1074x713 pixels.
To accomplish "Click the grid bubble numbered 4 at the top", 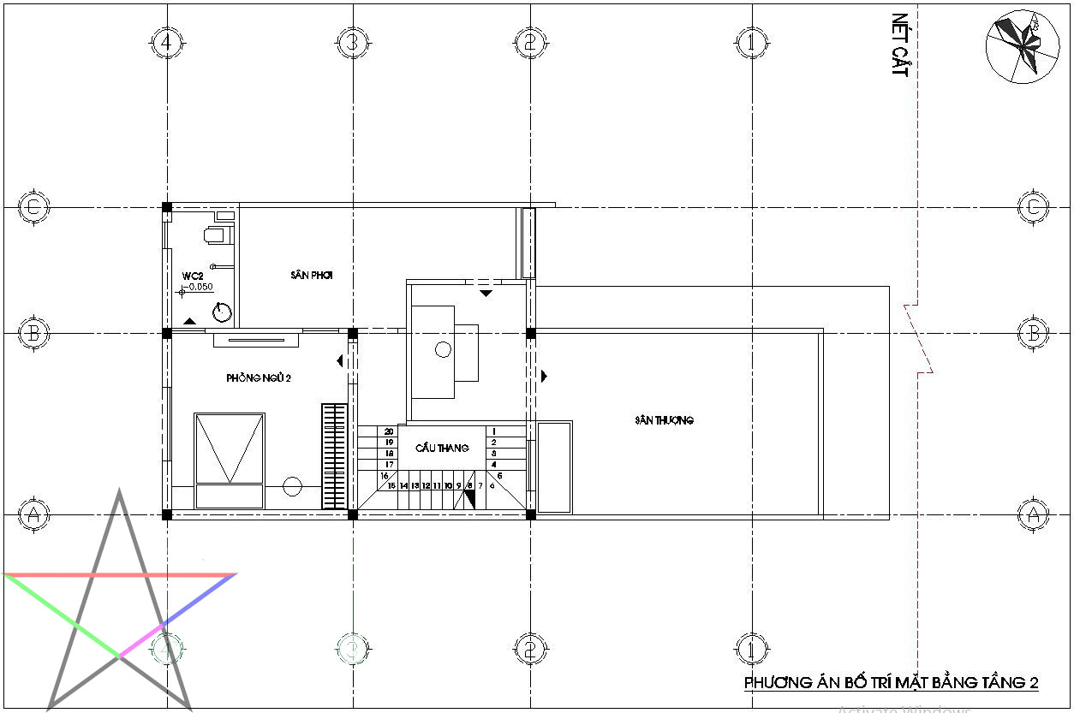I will [x=166, y=40].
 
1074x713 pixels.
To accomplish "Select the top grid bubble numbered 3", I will [x=350, y=40].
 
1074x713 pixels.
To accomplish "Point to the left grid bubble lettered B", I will [x=33, y=333].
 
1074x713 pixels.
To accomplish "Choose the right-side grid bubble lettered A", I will [x=1033, y=514].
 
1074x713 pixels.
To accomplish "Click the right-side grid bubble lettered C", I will [x=1033, y=206].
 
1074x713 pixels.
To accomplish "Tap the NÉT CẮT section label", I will [x=898, y=45].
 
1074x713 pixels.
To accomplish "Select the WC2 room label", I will [x=192, y=276].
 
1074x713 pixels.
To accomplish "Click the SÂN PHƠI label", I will [x=311, y=276].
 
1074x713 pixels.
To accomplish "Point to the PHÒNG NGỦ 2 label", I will [x=259, y=377].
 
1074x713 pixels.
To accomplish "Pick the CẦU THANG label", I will [x=442, y=448].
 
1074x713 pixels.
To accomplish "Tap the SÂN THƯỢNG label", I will [x=664, y=420].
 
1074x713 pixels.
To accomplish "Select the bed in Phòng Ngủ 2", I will [x=229, y=460].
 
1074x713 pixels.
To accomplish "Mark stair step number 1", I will [x=494, y=431].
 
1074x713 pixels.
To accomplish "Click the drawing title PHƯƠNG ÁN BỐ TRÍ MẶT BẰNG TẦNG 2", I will [x=891, y=682].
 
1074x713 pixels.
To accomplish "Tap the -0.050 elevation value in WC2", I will [x=200, y=288].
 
